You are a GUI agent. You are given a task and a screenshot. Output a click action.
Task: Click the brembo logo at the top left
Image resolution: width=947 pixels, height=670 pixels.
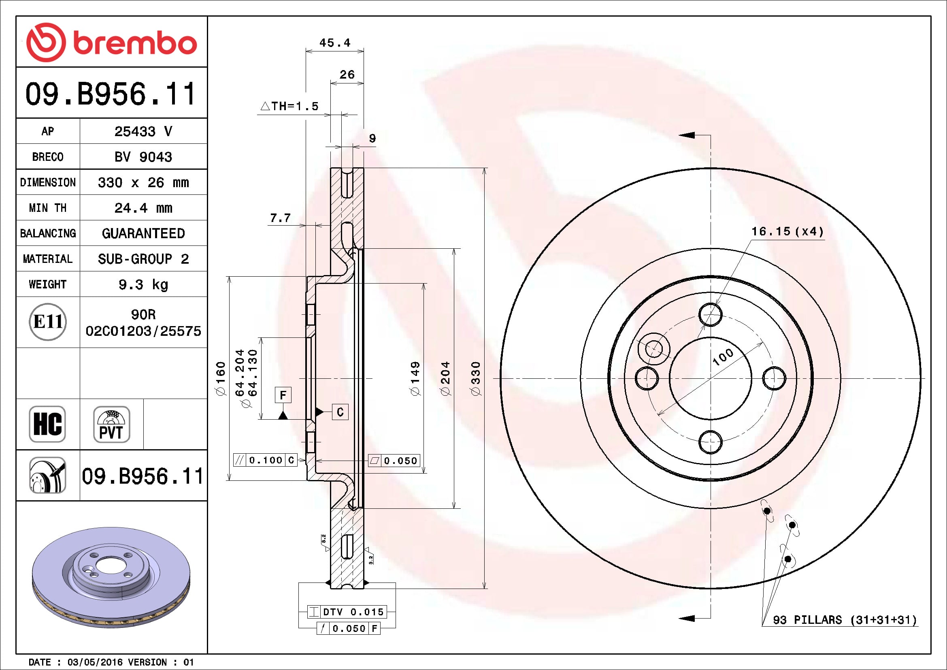coord(111,43)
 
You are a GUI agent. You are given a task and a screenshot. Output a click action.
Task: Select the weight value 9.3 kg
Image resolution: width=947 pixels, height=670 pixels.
coord(143,284)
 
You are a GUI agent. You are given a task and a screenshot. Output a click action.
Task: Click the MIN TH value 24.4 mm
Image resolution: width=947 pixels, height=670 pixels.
coord(143,208)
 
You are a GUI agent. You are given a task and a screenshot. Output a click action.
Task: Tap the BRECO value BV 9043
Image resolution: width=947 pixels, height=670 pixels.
coord(143,157)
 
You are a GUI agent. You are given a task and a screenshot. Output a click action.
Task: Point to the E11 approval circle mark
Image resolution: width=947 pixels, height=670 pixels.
coord(48,322)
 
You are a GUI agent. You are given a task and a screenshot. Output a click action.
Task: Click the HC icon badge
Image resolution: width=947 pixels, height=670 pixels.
coord(47,424)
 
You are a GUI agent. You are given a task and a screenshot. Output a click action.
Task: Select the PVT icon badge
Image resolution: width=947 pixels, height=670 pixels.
coord(111,424)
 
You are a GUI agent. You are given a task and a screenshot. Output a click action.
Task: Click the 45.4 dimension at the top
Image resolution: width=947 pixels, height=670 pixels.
coord(334,43)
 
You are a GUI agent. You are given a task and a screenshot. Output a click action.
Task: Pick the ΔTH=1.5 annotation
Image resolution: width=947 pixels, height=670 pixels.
coord(290,107)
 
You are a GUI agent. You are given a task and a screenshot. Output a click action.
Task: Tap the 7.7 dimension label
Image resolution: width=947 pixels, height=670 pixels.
coord(280,218)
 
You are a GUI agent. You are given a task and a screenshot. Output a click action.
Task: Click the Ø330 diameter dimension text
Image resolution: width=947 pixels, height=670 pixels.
coord(476,378)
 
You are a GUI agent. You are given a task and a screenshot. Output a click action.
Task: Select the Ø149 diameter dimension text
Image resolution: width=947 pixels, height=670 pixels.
coord(415,378)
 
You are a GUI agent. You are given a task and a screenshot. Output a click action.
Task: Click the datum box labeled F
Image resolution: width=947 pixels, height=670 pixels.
coord(283,395)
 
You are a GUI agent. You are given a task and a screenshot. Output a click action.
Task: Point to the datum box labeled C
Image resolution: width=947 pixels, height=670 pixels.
coord(340,412)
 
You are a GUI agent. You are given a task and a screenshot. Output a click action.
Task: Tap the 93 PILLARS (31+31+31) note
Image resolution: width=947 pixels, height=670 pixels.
coord(844,620)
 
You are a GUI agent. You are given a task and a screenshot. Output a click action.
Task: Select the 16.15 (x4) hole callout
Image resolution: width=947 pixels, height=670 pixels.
coord(787,231)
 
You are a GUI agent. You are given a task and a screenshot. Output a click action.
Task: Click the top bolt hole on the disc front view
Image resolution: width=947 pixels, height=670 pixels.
coord(710,315)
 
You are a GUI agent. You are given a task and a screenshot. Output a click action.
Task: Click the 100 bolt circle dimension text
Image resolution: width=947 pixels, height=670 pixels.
coord(723,356)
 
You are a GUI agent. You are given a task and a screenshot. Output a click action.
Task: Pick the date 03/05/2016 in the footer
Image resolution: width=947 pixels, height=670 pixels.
coord(96,662)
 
